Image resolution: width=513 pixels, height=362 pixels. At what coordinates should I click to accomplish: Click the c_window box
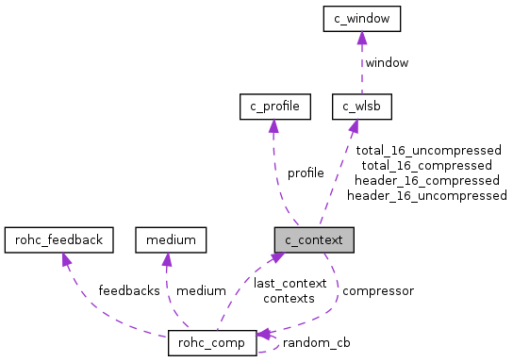(x=362, y=18)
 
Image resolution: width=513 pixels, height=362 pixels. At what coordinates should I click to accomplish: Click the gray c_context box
(x=314, y=239)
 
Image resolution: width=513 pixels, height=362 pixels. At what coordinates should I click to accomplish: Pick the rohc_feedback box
(x=58, y=239)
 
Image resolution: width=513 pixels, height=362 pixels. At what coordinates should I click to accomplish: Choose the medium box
(x=171, y=239)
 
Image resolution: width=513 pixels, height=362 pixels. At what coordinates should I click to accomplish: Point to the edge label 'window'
(x=387, y=62)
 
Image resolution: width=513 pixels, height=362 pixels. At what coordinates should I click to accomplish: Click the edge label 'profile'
(x=306, y=173)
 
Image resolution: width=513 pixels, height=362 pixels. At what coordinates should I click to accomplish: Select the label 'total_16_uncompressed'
(x=428, y=150)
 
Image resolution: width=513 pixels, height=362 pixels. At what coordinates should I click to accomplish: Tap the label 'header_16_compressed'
(x=426, y=180)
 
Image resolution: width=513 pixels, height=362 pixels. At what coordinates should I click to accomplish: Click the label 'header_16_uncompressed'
(x=426, y=195)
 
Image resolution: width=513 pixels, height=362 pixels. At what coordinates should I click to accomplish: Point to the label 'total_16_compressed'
(x=427, y=165)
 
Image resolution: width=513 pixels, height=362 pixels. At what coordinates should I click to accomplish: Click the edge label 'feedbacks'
(x=129, y=290)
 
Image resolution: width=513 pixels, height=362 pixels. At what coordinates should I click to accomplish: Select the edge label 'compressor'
(x=377, y=290)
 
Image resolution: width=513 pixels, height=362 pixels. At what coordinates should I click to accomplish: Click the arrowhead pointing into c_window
(x=362, y=37)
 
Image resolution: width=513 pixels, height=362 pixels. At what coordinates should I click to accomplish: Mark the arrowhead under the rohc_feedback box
(x=65, y=259)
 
